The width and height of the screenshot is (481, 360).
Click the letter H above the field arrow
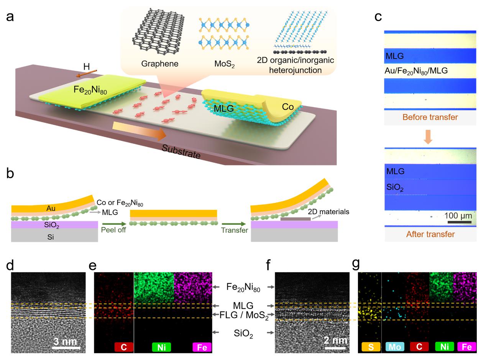(x=87, y=67)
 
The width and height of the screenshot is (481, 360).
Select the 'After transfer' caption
(x=429, y=234)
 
